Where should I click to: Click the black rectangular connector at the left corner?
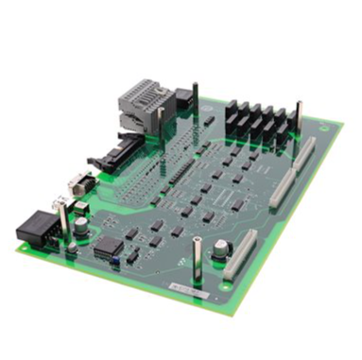point(37,228)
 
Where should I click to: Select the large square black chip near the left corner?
point(109,246)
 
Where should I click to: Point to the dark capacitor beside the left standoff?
point(83,226)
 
